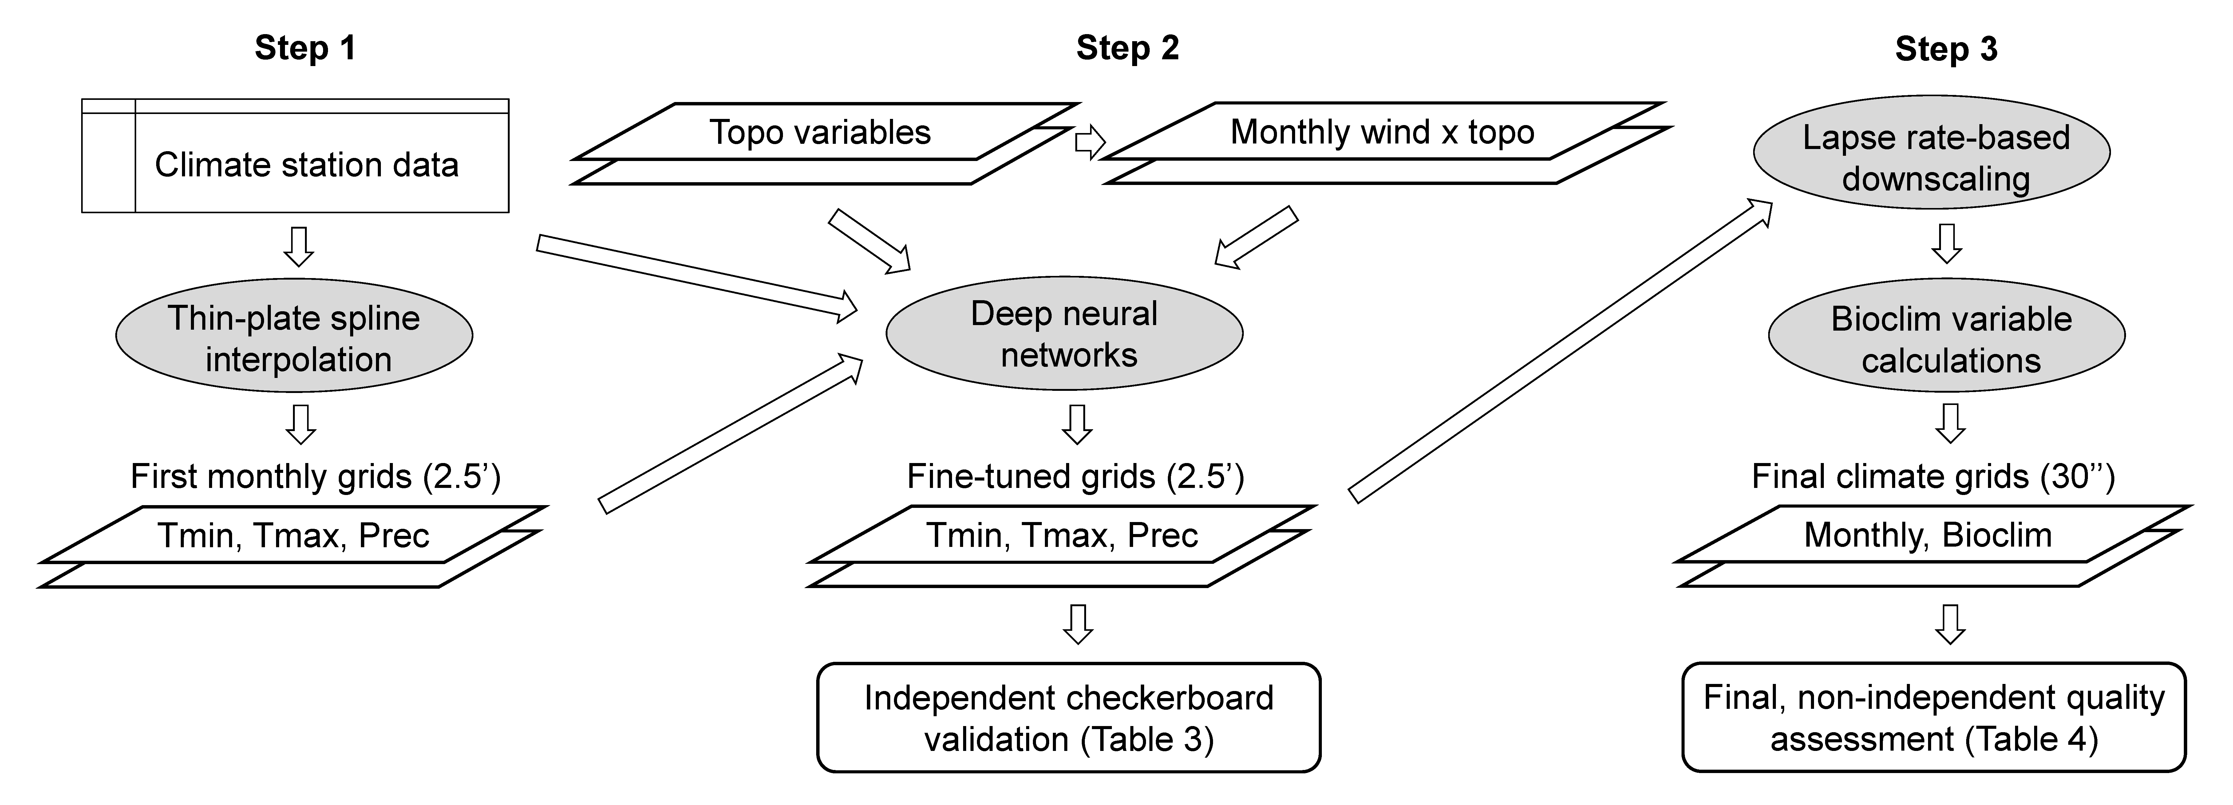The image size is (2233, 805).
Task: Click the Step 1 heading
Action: coord(305,49)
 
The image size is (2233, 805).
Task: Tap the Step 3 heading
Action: coord(1946,49)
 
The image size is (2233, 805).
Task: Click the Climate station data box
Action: coord(295,156)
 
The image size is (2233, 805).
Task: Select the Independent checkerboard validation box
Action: coord(1069,717)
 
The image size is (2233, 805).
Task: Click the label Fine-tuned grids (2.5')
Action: coord(1075,477)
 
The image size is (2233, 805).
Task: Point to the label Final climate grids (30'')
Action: coord(1933,477)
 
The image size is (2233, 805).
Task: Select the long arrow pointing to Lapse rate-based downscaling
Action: coord(1560,351)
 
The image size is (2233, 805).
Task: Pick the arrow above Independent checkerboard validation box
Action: coord(1077,624)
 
